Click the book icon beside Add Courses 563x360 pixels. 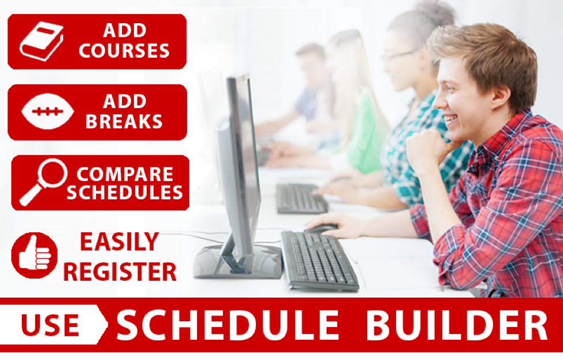[x=42, y=42]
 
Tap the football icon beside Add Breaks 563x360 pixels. [x=47, y=112]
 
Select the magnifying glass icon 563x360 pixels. [x=44, y=182]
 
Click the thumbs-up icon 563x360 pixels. [x=35, y=255]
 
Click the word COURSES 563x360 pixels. [x=124, y=51]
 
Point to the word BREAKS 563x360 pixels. [x=124, y=121]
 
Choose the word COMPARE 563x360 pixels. [x=125, y=175]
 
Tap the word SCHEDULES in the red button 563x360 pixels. [x=125, y=192]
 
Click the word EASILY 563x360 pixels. [x=120, y=242]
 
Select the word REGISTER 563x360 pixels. [x=120, y=272]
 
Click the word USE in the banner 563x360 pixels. [x=50, y=325]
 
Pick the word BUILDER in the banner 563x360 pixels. [x=457, y=325]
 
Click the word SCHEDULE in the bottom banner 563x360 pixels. [x=228, y=325]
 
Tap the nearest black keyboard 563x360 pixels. [x=319, y=260]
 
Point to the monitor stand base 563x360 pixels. [x=238, y=262]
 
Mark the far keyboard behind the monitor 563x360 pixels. [x=301, y=198]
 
